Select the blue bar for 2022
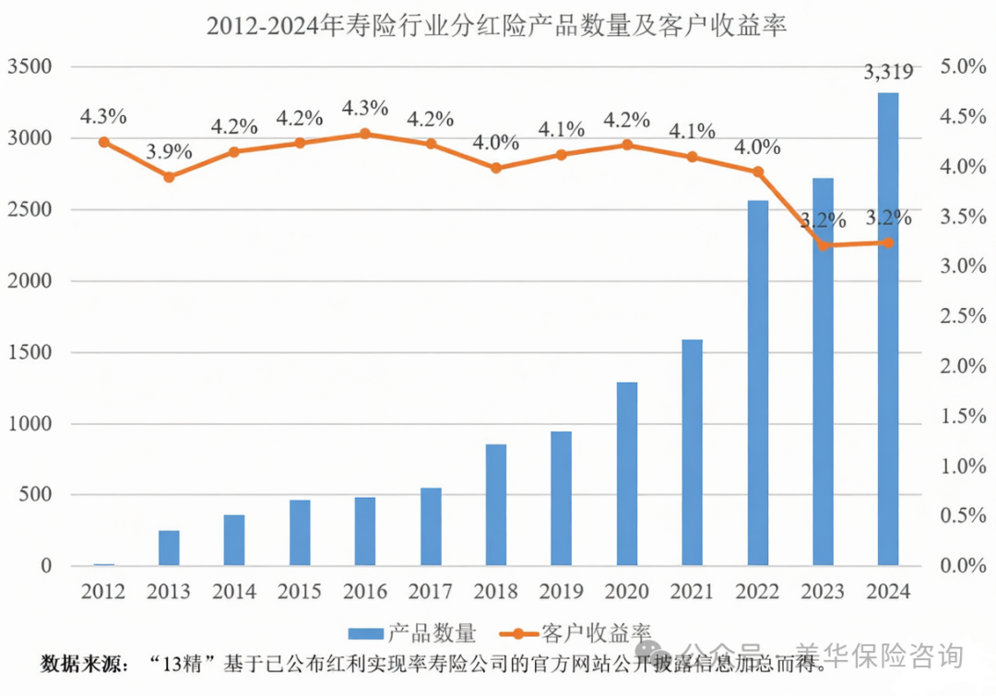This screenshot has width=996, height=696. [x=757, y=383]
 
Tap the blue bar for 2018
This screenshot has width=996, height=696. [x=496, y=505]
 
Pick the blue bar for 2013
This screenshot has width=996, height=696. [x=169, y=548]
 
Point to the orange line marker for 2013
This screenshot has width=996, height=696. [x=169, y=176]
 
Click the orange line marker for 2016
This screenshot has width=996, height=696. [x=365, y=134]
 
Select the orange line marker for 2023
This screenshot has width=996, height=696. [x=823, y=245]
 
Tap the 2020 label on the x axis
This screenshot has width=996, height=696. [x=627, y=591]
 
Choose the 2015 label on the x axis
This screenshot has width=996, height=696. [x=300, y=591]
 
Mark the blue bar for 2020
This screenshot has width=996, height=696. [x=627, y=474]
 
